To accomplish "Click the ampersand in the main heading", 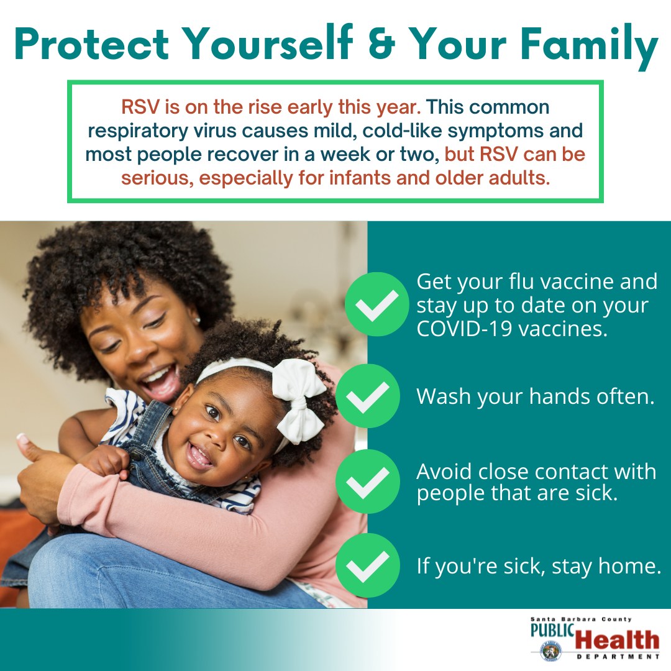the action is (x=381, y=44).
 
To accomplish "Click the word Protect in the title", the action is (x=91, y=44).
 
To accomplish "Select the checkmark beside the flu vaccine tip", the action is (x=377, y=304).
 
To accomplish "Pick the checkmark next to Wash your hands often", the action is (x=368, y=396).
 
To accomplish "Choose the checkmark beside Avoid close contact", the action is (x=368, y=482).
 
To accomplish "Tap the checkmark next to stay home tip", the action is (x=368, y=565).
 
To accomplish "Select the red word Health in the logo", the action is (x=617, y=640).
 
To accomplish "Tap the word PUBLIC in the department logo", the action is (x=552, y=630).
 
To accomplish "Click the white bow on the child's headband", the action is (x=299, y=400).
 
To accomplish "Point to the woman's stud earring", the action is (x=198, y=320).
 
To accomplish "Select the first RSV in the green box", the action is (x=140, y=107).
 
